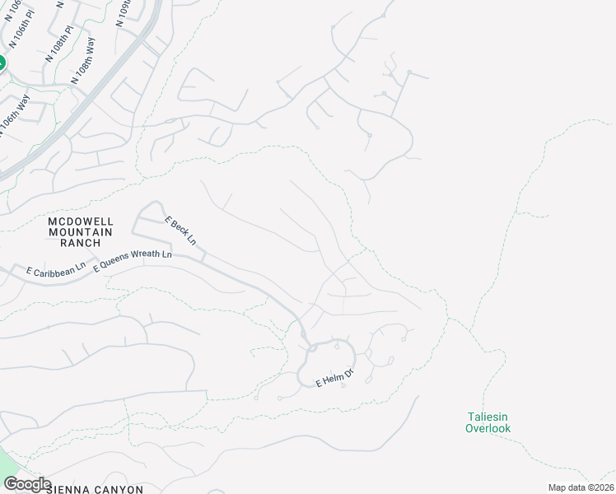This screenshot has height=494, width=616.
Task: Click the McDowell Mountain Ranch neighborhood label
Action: (x=80, y=232)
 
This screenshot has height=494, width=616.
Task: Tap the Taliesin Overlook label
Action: (x=488, y=422)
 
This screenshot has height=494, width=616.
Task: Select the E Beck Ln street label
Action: (x=181, y=231)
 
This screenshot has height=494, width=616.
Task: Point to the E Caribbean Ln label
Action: (x=56, y=270)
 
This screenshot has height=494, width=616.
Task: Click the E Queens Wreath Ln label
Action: (x=133, y=260)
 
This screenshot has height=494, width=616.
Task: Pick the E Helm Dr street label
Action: (x=335, y=378)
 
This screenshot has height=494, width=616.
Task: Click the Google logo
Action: (x=26, y=483)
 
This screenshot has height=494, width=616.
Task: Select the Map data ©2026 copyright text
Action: (x=581, y=487)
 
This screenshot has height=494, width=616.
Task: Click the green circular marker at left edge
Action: (x=2, y=63)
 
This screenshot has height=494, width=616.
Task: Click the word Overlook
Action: (x=488, y=428)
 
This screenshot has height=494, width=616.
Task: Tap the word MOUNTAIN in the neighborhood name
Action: (x=80, y=232)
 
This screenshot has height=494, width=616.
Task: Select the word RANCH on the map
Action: (x=80, y=243)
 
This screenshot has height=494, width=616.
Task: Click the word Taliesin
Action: (x=488, y=417)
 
